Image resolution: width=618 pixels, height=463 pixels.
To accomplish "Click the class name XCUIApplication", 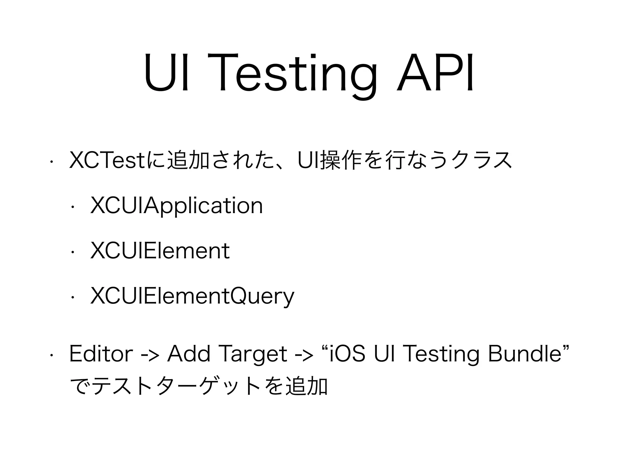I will [177, 206].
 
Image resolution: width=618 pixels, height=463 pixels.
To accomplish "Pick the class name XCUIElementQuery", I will [192, 296].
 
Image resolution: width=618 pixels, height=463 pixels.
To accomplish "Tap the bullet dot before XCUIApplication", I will [72, 207].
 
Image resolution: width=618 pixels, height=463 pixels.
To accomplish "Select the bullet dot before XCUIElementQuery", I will [72, 297].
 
